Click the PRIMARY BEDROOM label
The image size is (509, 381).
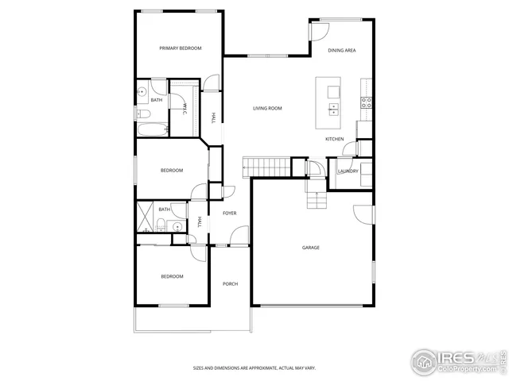click(x=180, y=48)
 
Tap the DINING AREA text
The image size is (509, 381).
click(x=341, y=50)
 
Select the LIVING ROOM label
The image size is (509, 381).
click(x=267, y=108)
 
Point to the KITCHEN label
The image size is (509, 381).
click(x=334, y=140)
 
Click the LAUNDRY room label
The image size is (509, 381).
click(x=348, y=171)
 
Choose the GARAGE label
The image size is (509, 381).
click(x=310, y=248)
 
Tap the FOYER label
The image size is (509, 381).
click(x=229, y=214)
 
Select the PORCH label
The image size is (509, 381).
click(x=230, y=283)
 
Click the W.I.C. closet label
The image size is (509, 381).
click(x=185, y=109)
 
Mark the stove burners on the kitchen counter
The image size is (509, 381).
click(x=367, y=102)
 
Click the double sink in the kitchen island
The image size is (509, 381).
click(x=332, y=109)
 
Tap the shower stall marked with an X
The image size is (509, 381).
click(x=145, y=215)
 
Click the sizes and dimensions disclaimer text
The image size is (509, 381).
click(x=254, y=368)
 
